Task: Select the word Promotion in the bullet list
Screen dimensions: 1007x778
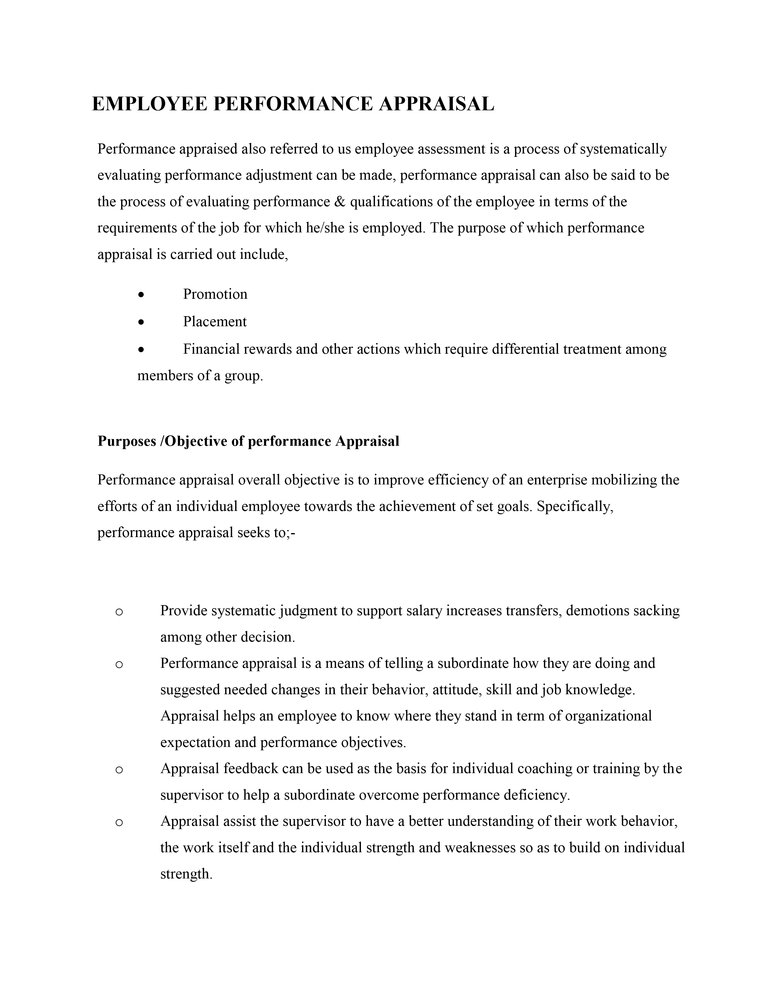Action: (x=215, y=294)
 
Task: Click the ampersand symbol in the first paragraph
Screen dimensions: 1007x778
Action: (x=340, y=202)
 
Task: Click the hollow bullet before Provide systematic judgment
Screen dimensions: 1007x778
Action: (x=119, y=612)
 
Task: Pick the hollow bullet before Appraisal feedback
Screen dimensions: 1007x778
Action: (x=119, y=770)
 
